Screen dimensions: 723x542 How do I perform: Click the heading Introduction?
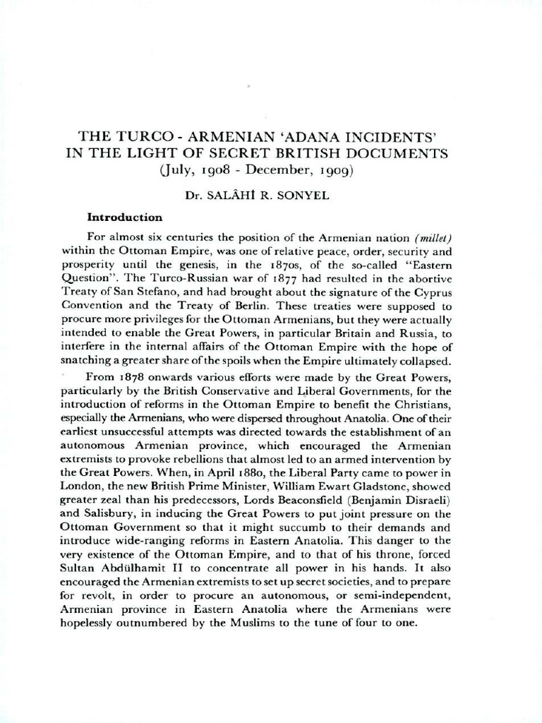click(124, 217)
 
